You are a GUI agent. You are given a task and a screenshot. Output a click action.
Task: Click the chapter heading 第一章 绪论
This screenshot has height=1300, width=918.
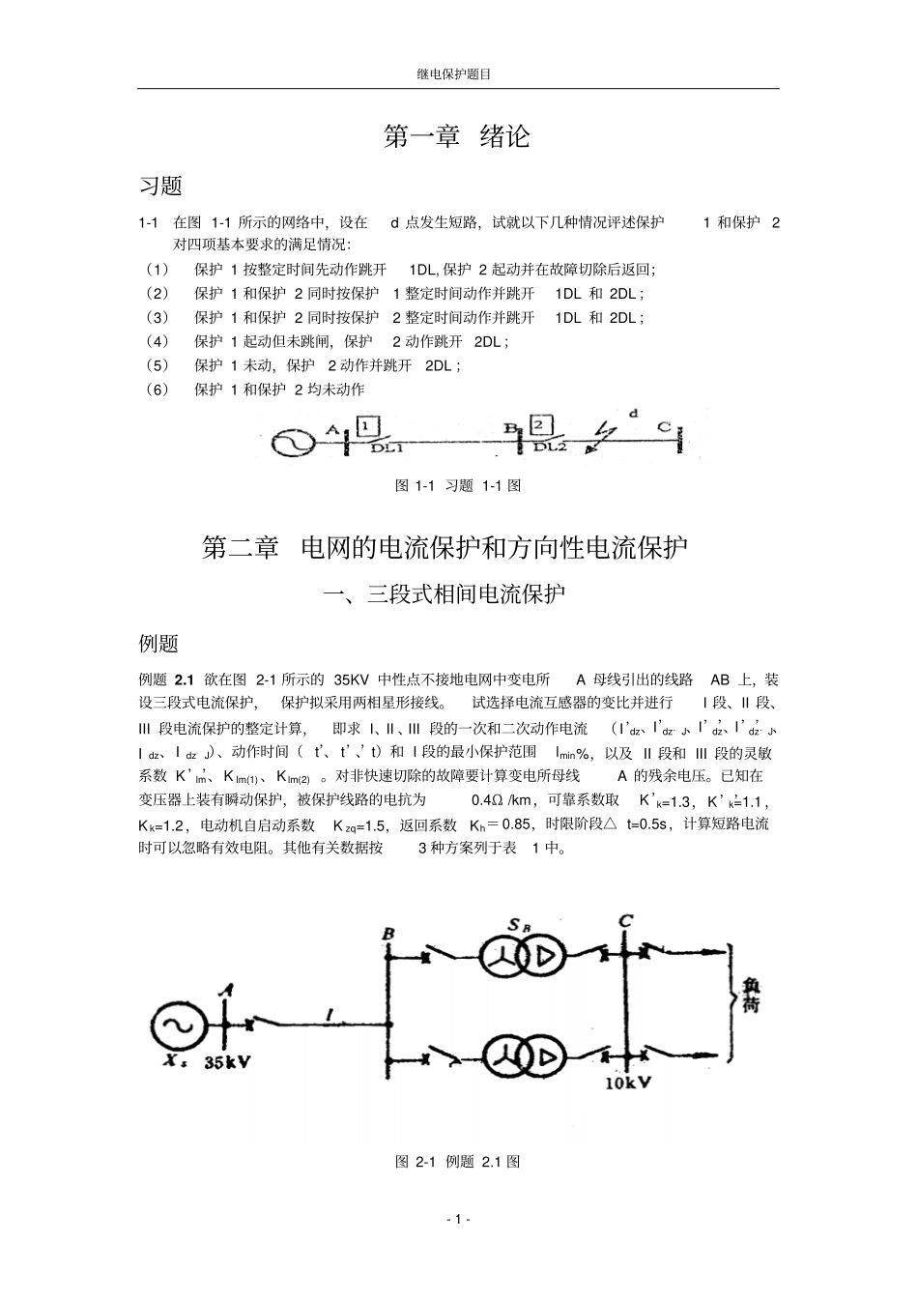tap(457, 136)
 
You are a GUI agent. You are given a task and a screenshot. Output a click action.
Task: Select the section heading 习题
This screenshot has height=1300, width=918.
tap(160, 186)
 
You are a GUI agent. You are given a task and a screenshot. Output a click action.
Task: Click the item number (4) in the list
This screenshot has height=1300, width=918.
tap(157, 341)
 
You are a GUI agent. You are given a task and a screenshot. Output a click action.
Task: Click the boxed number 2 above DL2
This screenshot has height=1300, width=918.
tap(541, 425)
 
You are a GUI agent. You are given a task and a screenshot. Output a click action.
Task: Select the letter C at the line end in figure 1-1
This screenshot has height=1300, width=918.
tap(663, 426)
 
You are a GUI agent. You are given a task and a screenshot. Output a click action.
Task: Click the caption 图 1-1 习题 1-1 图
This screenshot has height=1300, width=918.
tap(458, 486)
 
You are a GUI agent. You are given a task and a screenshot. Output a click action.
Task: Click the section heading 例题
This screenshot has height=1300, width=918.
tap(159, 643)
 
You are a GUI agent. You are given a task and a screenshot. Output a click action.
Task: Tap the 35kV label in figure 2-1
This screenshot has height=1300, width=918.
tap(228, 1063)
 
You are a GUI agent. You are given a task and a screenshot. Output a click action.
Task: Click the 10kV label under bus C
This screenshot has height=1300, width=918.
tap(628, 1083)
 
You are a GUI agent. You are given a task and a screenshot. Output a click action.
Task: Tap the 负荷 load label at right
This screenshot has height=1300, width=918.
tap(752, 994)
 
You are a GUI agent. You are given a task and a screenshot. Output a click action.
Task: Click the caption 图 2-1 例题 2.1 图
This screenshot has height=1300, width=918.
tap(458, 1162)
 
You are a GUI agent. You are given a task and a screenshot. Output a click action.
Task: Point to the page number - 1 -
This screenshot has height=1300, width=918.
tap(458, 1219)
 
